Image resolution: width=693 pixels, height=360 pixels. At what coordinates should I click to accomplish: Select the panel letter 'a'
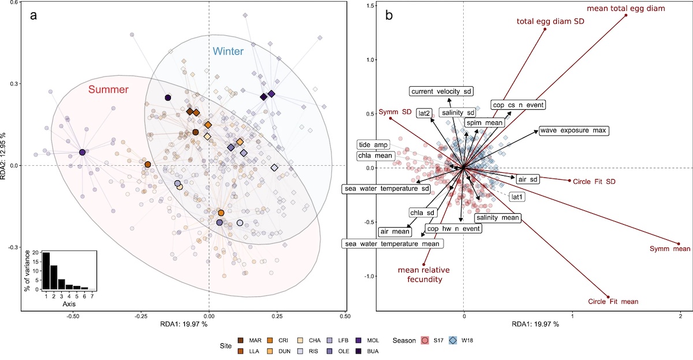tap(34, 16)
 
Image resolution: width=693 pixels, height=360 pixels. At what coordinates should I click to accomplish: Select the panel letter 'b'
tap(389, 16)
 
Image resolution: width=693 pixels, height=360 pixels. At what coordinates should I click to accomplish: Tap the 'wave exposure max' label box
tap(573, 131)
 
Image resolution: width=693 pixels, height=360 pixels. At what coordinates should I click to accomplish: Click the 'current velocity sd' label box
tap(441, 91)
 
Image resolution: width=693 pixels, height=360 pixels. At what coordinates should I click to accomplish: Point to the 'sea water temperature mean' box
tap(393, 244)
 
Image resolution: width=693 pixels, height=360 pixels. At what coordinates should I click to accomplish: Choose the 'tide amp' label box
tap(373, 144)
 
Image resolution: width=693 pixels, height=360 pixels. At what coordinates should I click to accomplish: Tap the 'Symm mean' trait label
tap(669, 249)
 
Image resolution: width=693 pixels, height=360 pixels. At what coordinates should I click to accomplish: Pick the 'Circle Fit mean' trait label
tap(613, 301)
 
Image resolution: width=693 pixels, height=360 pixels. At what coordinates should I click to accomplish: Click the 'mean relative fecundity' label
tap(424, 274)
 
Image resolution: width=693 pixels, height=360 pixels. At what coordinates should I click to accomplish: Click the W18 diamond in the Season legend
tap(453, 340)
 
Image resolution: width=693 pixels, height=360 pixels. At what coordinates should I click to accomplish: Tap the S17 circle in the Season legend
tap(425, 340)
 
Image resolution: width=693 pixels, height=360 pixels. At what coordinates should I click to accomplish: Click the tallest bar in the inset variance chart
tap(46, 271)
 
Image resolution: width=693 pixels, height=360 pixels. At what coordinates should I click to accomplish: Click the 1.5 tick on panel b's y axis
tap(371, 6)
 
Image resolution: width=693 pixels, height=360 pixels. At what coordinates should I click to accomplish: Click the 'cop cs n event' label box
tap(518, 105)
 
